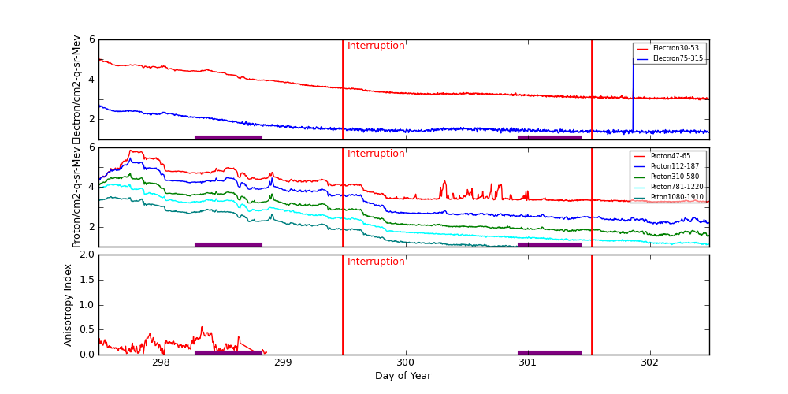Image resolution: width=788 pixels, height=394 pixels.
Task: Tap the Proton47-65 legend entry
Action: [670, 156]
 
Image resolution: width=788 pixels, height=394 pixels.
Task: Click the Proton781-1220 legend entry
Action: [675, 187]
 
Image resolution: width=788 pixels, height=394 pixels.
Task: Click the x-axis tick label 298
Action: [161, 363]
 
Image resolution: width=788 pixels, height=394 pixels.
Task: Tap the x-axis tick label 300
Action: [405, 363]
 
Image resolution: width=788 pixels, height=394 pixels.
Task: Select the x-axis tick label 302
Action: [649, 363]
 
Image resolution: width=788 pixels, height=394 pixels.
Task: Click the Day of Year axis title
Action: [403, 376]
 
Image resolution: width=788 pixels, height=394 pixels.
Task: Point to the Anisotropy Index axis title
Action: [69, 304]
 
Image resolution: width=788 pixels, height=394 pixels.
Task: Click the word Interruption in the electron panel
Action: [376, 46]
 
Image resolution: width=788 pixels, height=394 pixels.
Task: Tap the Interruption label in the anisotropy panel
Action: [376, 262]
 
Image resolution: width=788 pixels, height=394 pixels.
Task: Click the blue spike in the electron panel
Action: [633, 87]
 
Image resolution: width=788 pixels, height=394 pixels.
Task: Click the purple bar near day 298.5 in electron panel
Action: [228, 137]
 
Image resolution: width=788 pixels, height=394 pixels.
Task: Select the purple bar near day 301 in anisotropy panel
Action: [549, 352]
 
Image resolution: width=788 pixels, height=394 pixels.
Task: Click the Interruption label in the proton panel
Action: [376, 154]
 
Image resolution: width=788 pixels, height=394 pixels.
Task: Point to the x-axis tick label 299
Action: [283, 363]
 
